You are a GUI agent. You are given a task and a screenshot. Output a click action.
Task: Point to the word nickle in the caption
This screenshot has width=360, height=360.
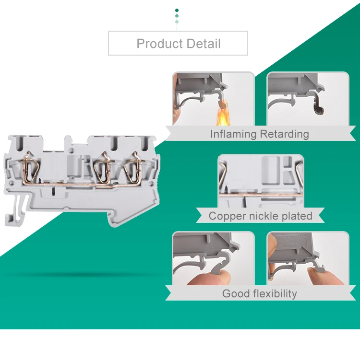pyautogui.click(x=265, y=216)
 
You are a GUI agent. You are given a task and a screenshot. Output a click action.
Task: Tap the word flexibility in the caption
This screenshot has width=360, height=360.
pyautogui.click(x=275, y=293)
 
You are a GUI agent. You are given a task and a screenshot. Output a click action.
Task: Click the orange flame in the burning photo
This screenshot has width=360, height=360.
pyautogui.click(x=222, y=116)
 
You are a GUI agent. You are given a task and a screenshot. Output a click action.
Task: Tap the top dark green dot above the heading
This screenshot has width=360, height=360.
pyautogui.click(x=177, y=10)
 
